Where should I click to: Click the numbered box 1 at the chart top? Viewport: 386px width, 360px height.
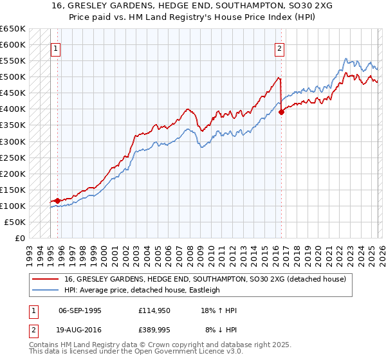point(55,48)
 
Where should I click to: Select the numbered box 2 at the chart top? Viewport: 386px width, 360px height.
point(280,48)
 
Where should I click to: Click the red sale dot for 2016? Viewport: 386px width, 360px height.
point(282,112)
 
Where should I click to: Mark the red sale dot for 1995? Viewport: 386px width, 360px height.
point(58,201)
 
